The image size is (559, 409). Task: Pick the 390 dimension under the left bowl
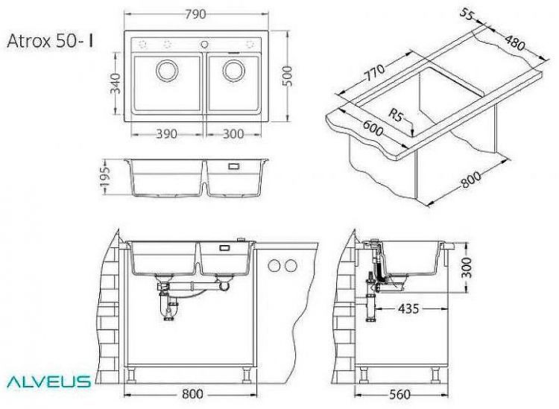[166, 134]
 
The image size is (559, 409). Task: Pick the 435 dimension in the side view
[407, 307]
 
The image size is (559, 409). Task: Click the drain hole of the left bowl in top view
[166, 72]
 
